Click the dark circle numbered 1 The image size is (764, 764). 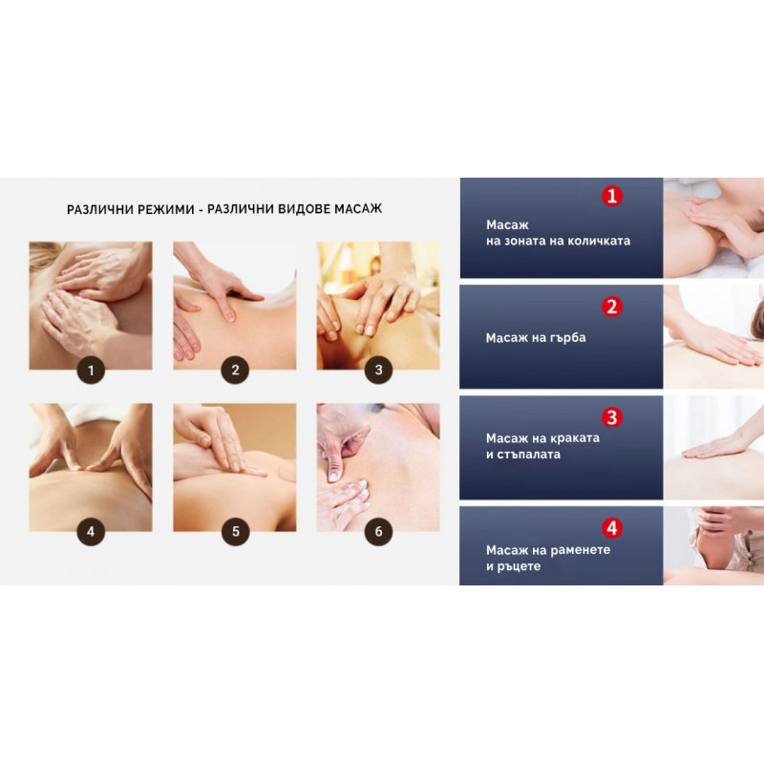click(x=91, y=371)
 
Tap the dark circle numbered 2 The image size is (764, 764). click(x=235, y=371)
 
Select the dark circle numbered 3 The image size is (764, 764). click(x=378, y=371)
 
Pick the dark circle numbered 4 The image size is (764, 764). click(x=91, y=532)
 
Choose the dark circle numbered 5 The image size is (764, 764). click(x=235, y=532)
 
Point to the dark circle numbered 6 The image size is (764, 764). click(x=378, y=532)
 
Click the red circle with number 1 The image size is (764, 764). click(x=612, y=197)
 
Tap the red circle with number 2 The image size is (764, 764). click(x=612, y=307)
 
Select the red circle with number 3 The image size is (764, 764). click(x=612, y=417)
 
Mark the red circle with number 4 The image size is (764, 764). click(x=612, y=528)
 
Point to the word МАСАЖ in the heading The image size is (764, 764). click(x=358, y=209)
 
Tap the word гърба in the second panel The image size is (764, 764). click(x=567, y=338)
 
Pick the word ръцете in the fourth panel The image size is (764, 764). click(x=520, y=566)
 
